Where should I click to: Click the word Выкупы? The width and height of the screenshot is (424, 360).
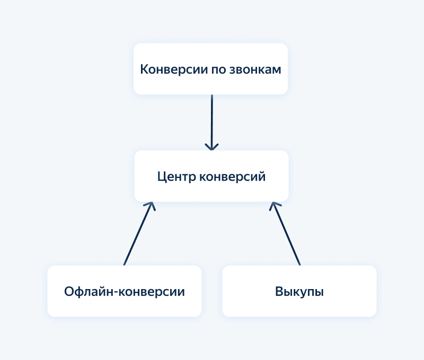tap(299, 292)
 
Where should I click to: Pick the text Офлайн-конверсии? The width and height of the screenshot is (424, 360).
tap(125, 292)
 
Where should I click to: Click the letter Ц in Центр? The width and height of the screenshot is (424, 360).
tap(162, 176)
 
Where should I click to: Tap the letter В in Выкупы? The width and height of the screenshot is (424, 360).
tap(279, 292)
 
